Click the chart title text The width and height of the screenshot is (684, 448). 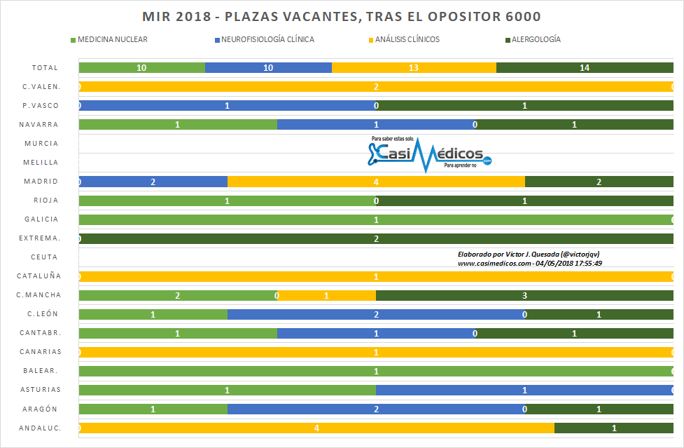coord(342,17)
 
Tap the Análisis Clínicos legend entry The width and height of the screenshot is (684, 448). coord(407,39)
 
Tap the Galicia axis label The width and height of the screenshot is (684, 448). coord(41,219)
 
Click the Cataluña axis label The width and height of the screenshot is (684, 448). coord(39,276)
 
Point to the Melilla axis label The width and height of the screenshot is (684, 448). coord(41,163)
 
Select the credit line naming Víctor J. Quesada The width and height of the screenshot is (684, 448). coord(528,254)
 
